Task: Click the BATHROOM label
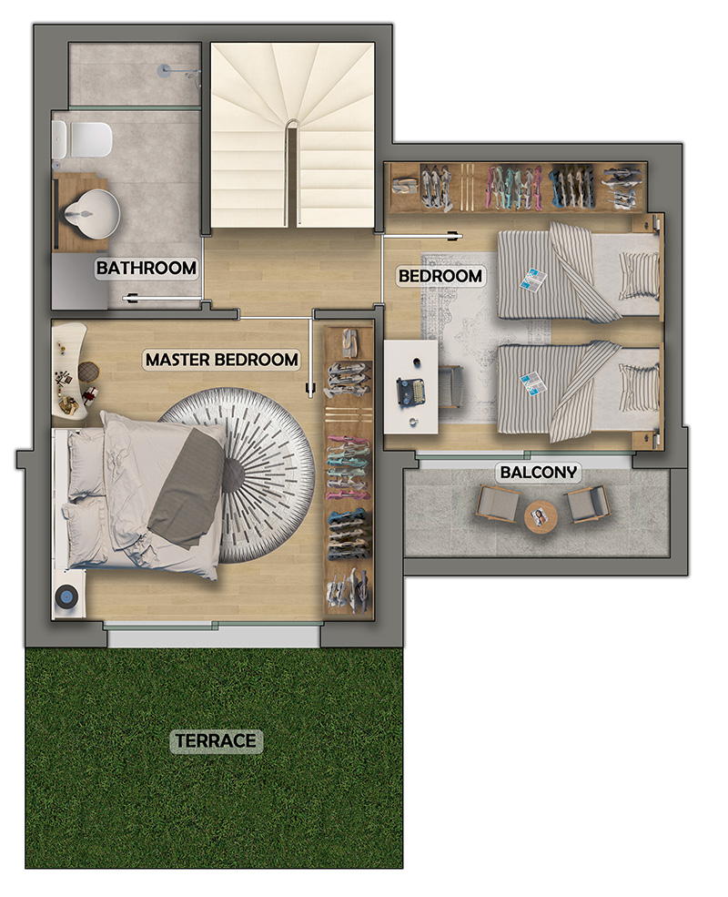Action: click(x=147, y=268)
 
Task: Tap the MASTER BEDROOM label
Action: click(x=222, y=360)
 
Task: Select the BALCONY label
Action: click(x=539, y=472)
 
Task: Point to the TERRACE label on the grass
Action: click(x=216, y=740)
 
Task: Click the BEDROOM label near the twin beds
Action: click(x=440, y=276)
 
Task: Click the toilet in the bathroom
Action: click(x=82, y=139)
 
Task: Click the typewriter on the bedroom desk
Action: click(x=410, y=393)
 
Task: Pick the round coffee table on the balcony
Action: click(x=541, y=518)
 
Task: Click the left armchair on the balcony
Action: click(x=498, y=503)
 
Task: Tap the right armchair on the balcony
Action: click(x=587, y=504)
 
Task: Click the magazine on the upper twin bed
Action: click(x=532, y=280)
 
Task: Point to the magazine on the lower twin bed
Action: click(x=532, y=383)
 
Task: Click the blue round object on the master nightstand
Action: click(x=66, y=597)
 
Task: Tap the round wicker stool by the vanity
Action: click(x=88, y=372)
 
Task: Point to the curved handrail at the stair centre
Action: click(x=291, y=171)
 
